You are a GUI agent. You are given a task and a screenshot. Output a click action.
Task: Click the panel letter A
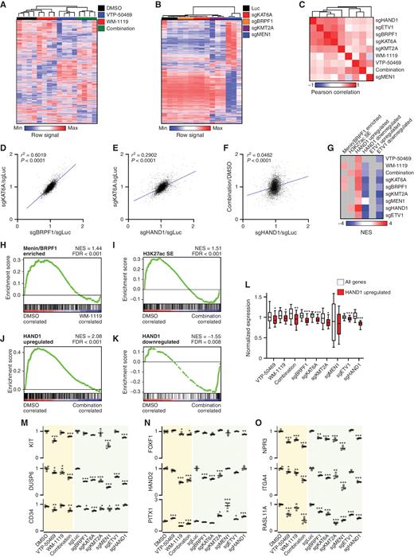click(x=6, y=5)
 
